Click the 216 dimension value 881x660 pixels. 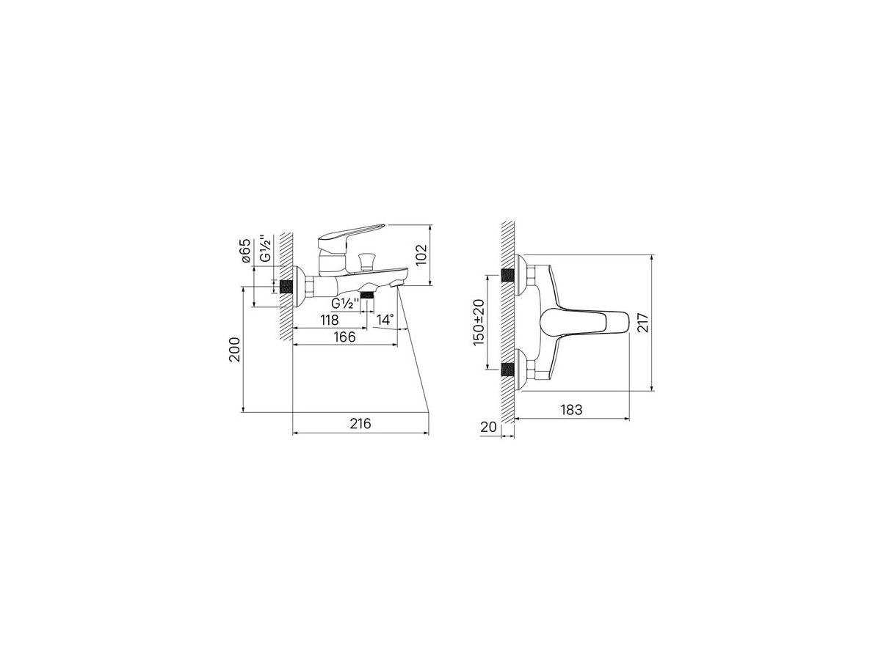360,423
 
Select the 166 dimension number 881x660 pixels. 345,337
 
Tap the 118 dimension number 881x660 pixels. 330,320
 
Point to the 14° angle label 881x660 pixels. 385,320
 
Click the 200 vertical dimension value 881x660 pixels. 234,350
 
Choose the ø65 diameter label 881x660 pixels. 246,251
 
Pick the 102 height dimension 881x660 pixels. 421,255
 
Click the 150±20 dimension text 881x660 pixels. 479,323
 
